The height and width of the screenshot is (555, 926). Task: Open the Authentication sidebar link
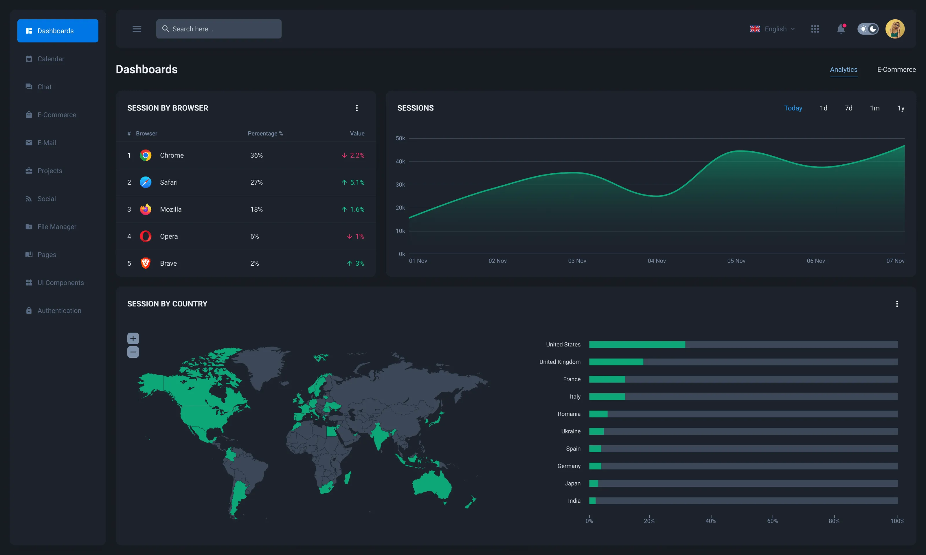point(59,310)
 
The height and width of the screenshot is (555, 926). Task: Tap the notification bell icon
point(841,29)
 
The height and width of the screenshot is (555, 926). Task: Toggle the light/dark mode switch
point(868,29)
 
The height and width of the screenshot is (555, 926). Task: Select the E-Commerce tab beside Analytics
point(896,69)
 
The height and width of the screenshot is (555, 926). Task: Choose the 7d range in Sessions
point(848,108)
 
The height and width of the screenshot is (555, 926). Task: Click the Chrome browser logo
point(146,155)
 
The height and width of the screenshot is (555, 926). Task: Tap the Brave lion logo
point(146,263)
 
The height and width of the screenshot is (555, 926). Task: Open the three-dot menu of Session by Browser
point(357,108)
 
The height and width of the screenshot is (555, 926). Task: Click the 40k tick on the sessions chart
point(400,161)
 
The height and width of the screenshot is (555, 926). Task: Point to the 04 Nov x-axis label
point(656,261)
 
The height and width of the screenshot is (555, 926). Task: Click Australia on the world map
point(432,484)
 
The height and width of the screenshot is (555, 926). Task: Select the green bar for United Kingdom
point(616,362)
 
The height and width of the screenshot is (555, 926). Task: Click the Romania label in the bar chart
point(569,414)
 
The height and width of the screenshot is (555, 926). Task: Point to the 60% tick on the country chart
point(772,521)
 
